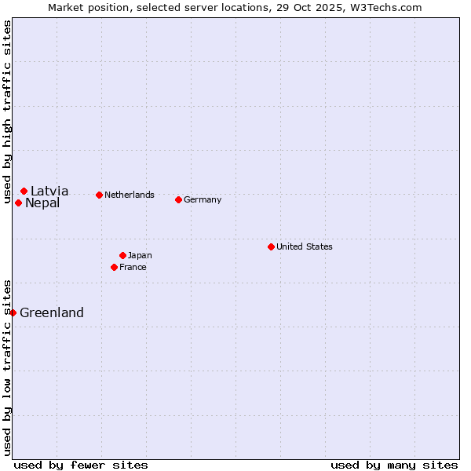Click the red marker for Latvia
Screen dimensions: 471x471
(24, 191)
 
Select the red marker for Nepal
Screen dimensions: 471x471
(18, 203)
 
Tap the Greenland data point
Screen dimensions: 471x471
(13, 312)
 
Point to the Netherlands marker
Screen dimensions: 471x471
(99, 195)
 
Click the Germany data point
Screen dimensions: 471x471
(178, 199)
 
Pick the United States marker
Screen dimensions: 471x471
(271, 246)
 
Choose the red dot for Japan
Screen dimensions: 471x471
(122, 255)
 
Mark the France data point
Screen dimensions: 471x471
(114, 267)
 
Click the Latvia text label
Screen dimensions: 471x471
(49, 191)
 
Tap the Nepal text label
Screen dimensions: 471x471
(42, 203)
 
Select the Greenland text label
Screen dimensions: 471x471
(52, 312)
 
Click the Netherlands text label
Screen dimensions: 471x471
(130, 195)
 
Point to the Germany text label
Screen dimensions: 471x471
(203, 199)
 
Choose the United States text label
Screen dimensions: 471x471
(305, 246)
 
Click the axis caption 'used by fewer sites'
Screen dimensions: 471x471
(81, 465)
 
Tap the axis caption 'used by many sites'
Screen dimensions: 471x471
(394, 465)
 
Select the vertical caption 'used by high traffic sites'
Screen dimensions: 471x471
(7, 111)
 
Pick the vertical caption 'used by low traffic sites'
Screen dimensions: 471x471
(7, 367)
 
